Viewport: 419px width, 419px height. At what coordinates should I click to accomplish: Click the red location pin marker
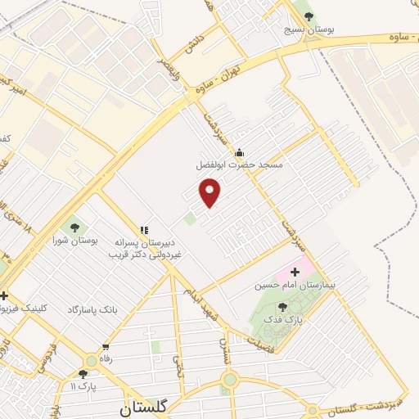pyautogui.click(x=211, y=192)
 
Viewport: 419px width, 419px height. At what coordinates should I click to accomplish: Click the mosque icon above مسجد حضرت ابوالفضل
pyautogui.click(x=239, y=152)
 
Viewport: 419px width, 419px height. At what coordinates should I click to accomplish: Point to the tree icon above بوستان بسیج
pyautogui.click(x=308, y=16)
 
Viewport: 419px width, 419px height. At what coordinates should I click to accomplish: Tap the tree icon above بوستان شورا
pyautogui.click(x=74, y=228)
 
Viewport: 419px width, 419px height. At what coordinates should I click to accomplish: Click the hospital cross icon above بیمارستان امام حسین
pyautogui.click(x=295, y=271)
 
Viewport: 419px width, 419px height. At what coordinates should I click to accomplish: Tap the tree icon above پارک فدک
pyautogui.click(x=284, y=307)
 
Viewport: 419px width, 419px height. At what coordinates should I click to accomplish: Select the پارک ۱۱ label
pyautogui.click(x=84, y=385)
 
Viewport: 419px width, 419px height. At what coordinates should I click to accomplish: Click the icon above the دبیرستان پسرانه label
pyautogui.click(x=145, y=231)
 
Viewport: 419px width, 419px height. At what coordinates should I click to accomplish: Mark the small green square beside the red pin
pyautogui.click(x=190, y=219)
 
